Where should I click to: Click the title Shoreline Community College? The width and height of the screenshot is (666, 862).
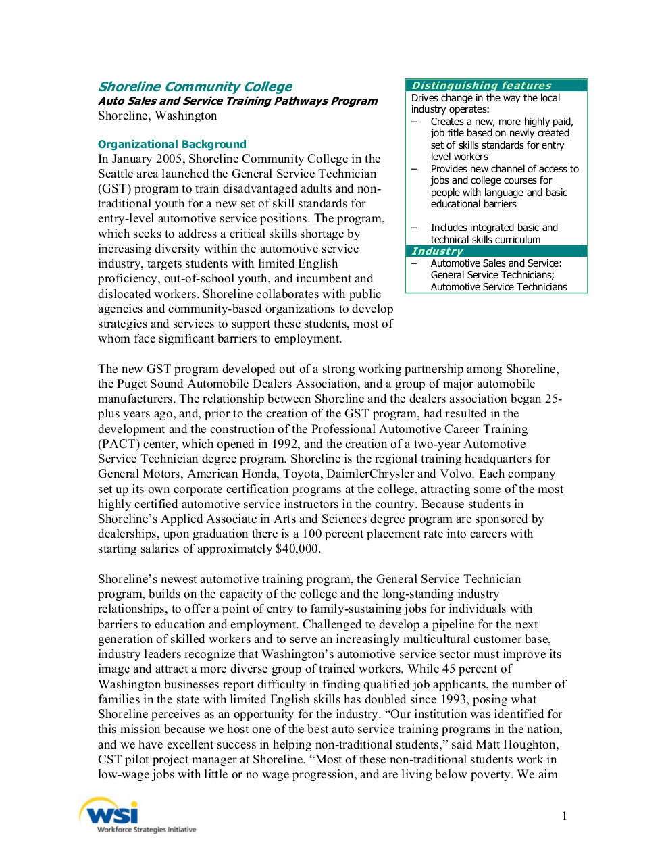[195, 86]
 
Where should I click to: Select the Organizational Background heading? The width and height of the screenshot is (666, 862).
[172, 144]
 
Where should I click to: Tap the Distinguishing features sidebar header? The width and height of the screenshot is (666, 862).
[481, 85]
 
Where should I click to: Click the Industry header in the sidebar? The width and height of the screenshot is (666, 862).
[437, 251]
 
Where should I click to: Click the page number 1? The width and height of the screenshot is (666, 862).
[564, 816]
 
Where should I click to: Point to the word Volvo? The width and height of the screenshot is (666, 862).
[456, 474]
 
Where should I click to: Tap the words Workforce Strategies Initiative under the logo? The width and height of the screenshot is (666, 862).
[147, 830]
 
